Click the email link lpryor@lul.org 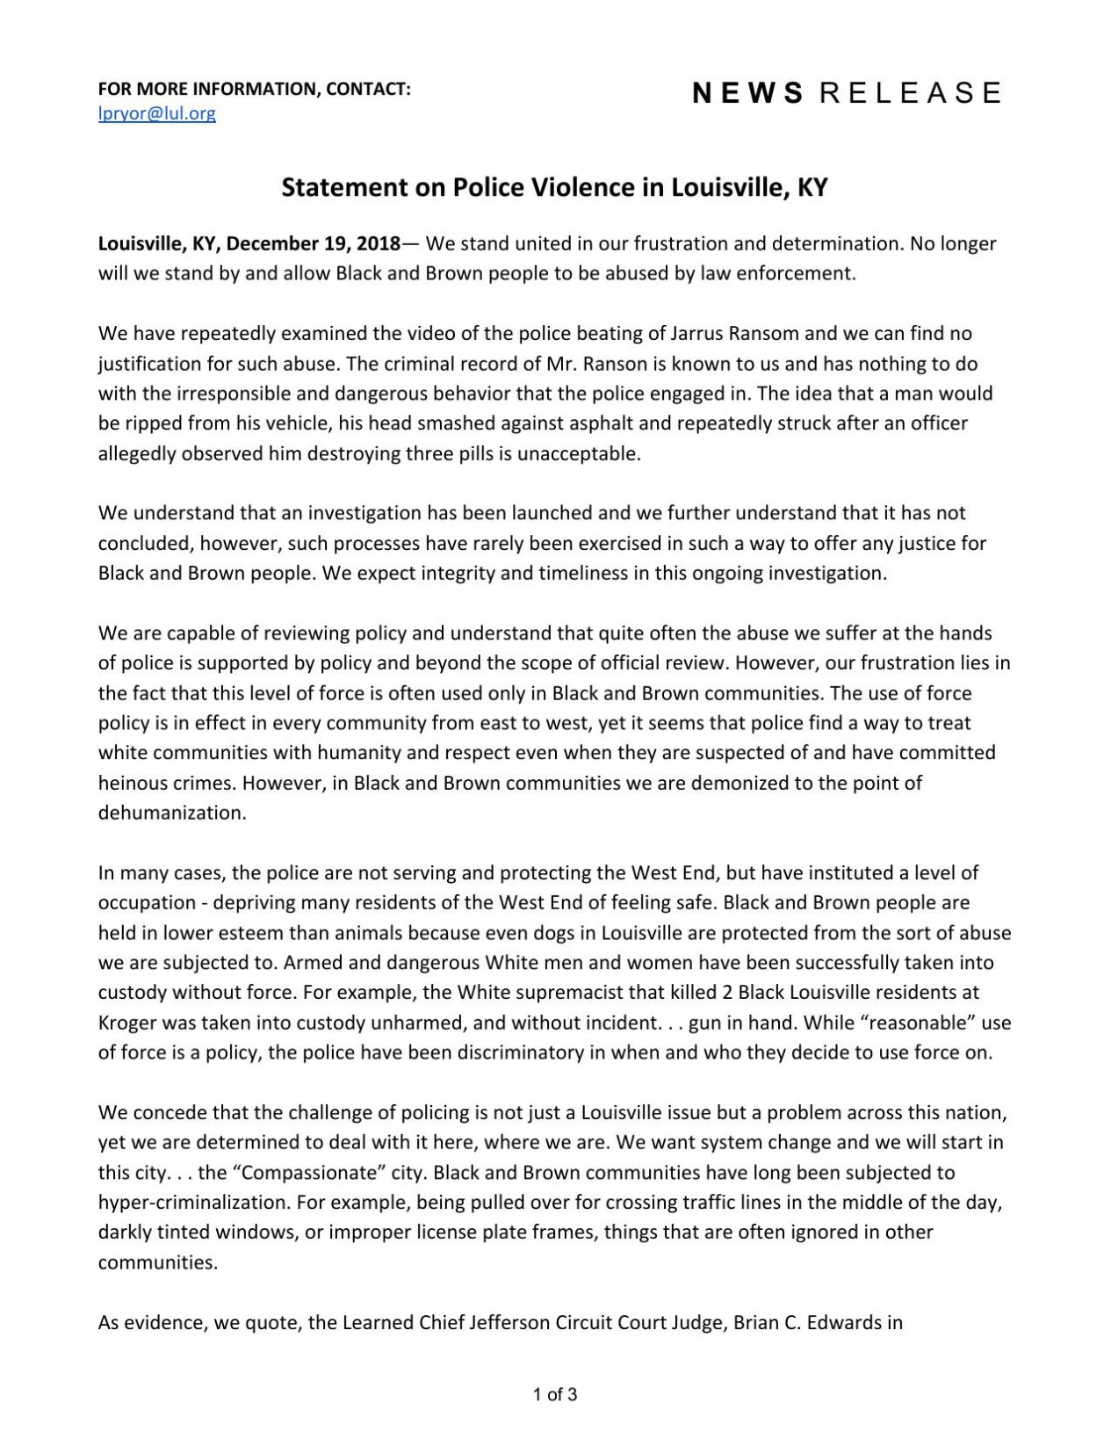[x=156, y=113]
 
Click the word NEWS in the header [x=747, y=93]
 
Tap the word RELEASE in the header [x=910, y=93]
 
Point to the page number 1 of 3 [x=555, y=1394]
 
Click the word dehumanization [x=172, y=813]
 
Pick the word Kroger [x=127, y=1023]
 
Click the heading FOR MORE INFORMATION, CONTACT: [x=255, y=89]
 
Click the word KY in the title [x=812, y=187]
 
